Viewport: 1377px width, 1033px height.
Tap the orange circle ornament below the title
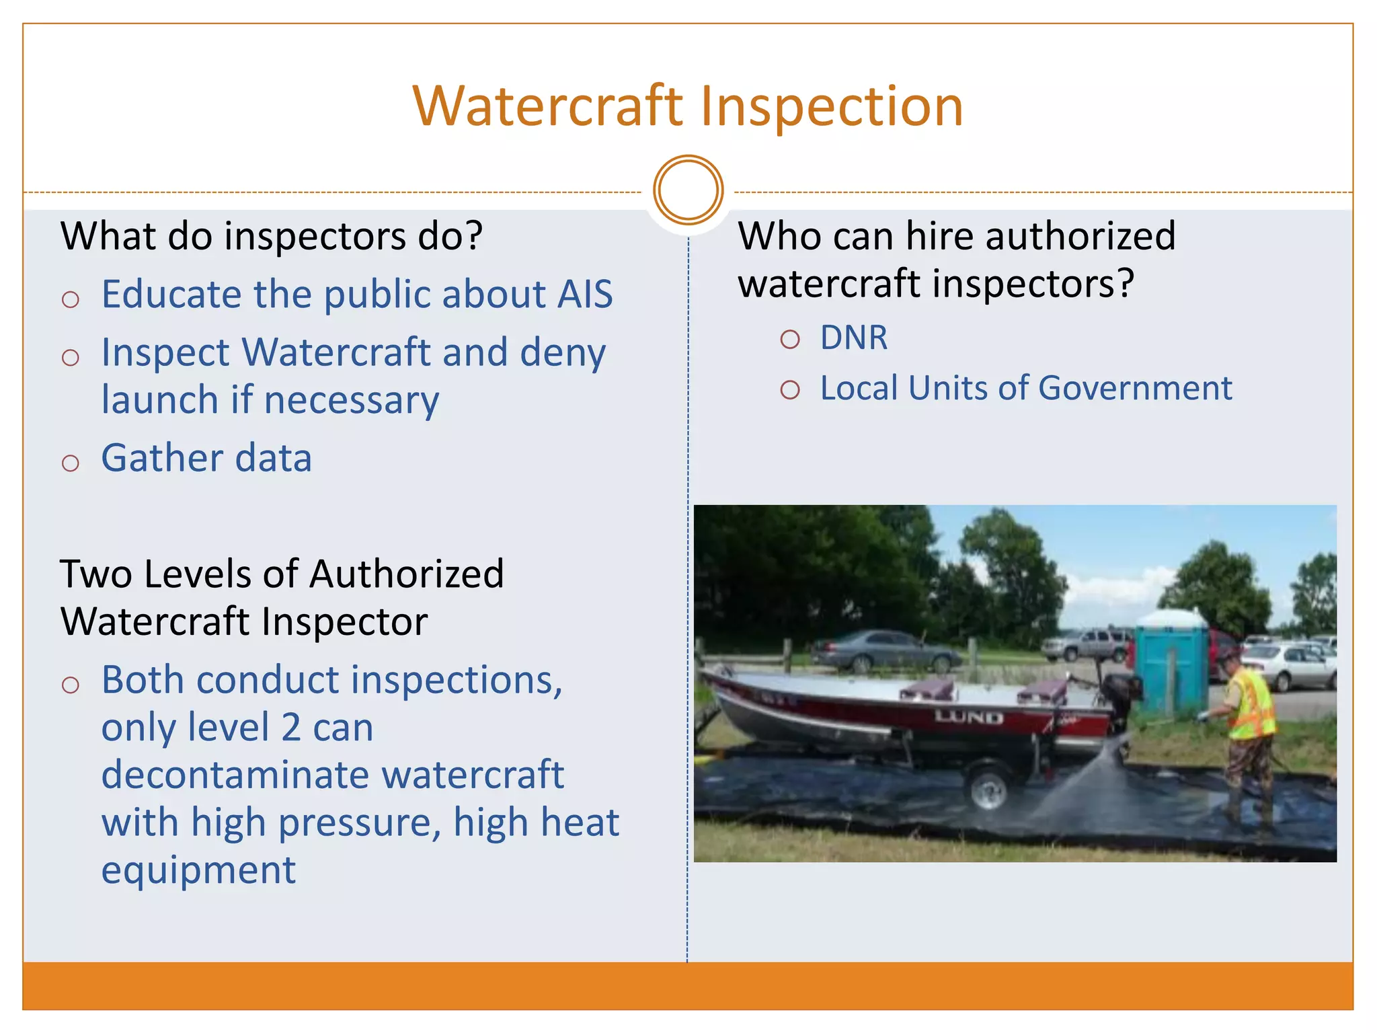point(688,190)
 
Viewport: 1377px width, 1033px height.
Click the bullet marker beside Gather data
point(71,463)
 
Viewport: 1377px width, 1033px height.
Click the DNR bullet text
point(853,337)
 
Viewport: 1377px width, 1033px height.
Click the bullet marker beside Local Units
point(790,389)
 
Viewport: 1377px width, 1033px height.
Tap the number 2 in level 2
point(290,728)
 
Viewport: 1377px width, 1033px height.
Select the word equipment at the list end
point(198,870)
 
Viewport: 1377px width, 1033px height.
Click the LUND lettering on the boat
point(968,718)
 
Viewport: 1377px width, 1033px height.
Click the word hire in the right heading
point(942,236)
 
